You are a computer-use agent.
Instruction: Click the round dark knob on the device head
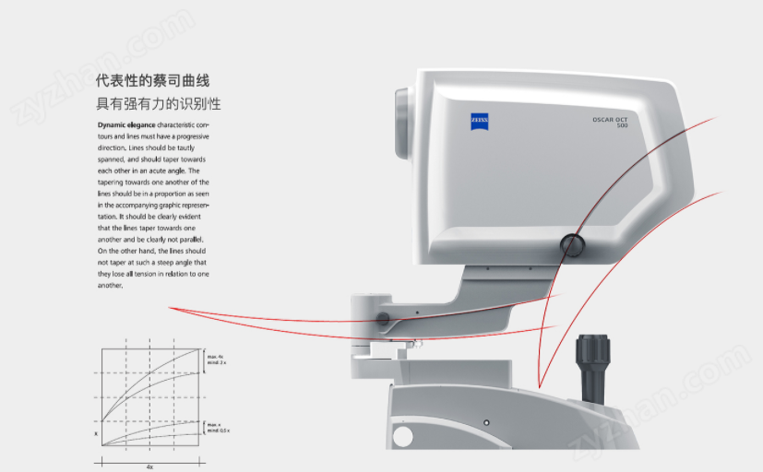pyautogui.click(x=571, y=244)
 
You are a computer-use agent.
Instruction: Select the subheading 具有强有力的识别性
pyautogui.click(x=159, y=104)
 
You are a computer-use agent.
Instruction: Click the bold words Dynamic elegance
pyautogui.click(x=126, y=124)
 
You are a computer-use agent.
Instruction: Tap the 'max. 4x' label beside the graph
pyautogui.click(x=216, y=357)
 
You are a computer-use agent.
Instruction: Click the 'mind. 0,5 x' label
pyautogui.click(x=220, y=431)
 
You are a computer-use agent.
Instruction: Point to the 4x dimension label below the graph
pyautogui.click(x=149, y=466)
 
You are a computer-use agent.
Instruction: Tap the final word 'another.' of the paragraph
pyautogui.click(x=110, y=286)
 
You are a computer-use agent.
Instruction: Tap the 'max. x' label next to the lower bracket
pyautogui.click(x=214, y=424)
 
